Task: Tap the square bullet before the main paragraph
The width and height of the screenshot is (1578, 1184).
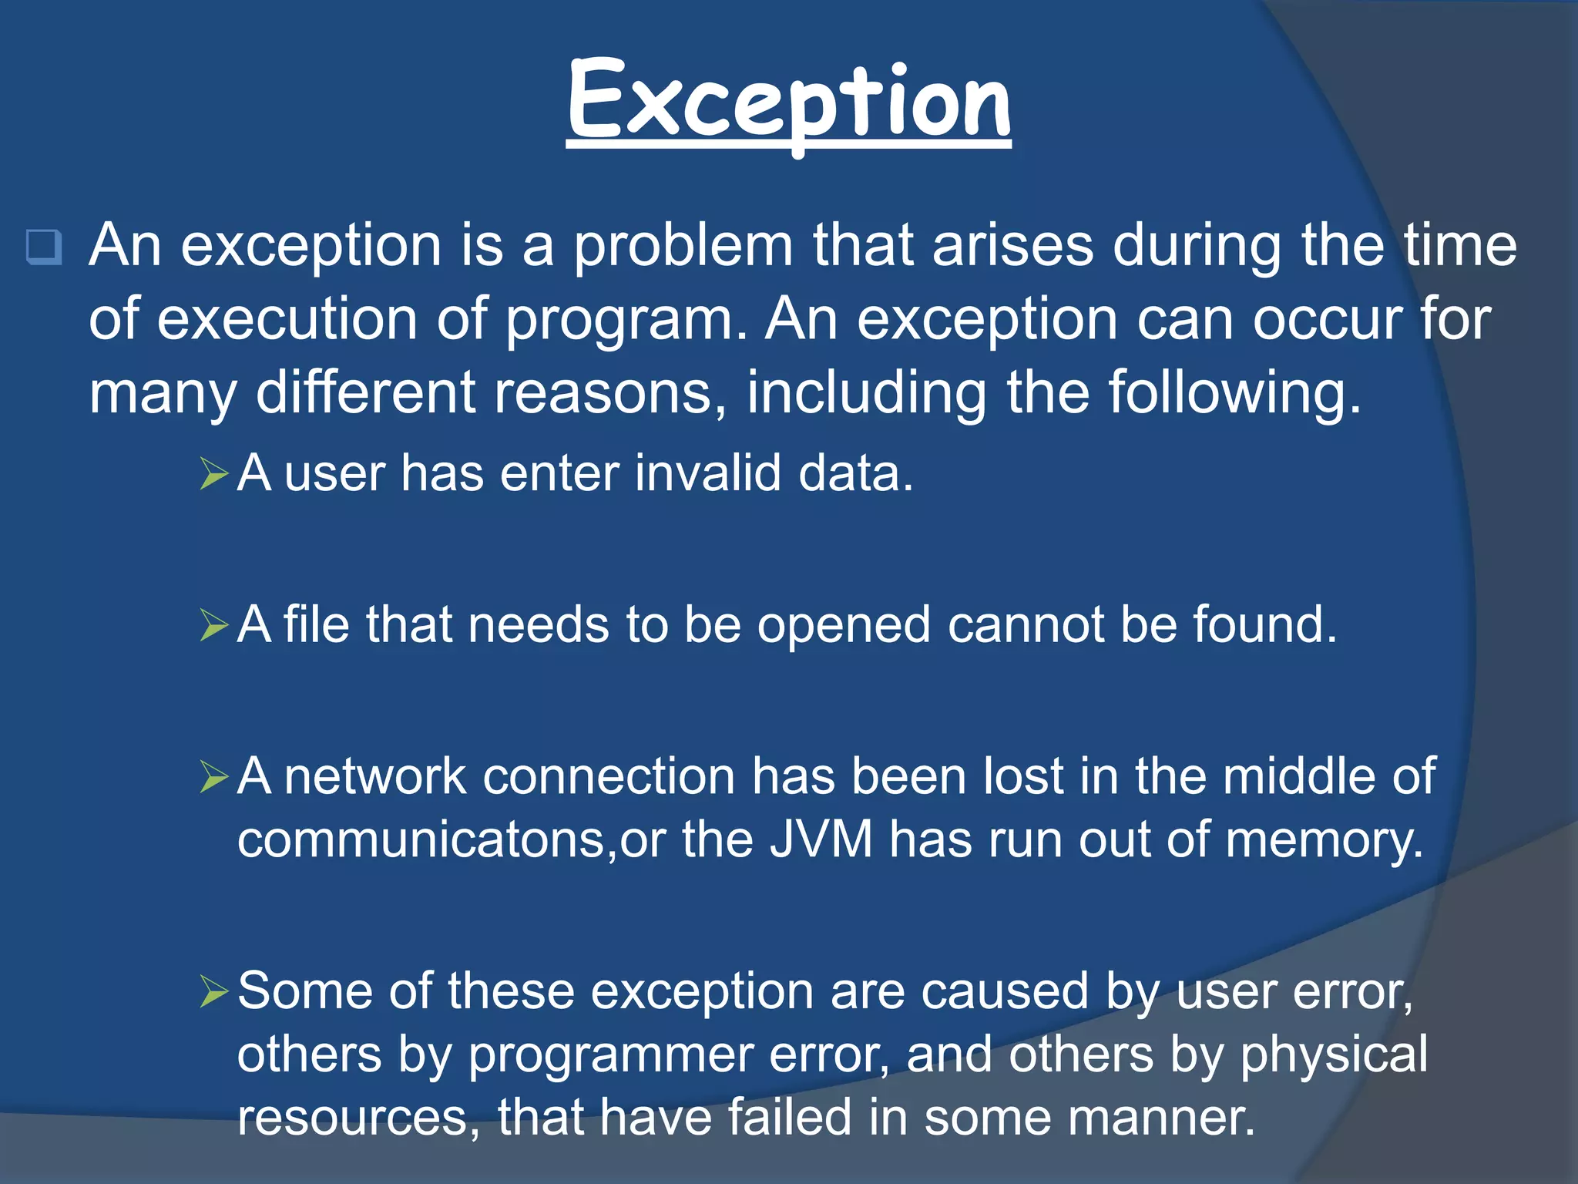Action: point(44,247)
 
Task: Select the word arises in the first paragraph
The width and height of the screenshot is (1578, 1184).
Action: point(1013,245)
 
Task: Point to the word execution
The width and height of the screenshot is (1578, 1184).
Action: point(287,319)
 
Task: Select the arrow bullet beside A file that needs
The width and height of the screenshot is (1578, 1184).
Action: point(214,625)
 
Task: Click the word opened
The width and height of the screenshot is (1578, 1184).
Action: point(844,625)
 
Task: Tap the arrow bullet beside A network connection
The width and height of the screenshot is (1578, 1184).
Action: point(214,776)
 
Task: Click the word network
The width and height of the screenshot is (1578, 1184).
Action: point(375,776)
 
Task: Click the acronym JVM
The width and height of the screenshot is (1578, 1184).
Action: point(821,839)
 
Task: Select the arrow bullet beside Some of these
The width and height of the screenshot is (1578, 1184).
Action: point(214,991)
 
